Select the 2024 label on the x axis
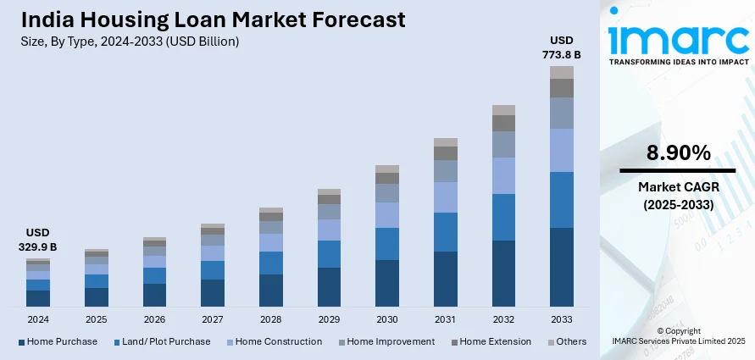pyautogui.click(x=38, y=319)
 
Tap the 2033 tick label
pyautogui.click(x=561, y=319)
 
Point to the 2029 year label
pyautogui.click(x=329, y=319)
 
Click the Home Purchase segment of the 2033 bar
pyautogui.click(x=561, y=267)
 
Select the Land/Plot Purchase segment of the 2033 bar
pyautogui.click(x=561, y=200)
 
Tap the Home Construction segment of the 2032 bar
pyautogui.click(x=503, y=175)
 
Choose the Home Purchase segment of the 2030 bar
pyautogui.click(x=387, y=283)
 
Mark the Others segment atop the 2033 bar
pyautogui.click(x=561, y=72)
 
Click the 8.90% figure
pyautogui.click(x=678, y=153)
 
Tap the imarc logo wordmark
pyautogui.click(x=678, y=39)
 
